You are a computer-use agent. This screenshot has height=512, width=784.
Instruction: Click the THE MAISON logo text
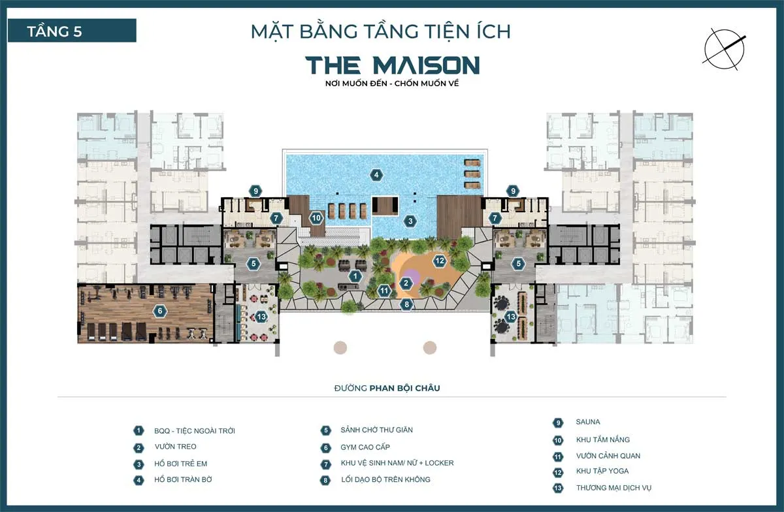coord(392,65)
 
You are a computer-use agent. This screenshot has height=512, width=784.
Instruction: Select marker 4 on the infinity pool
coord(375,174)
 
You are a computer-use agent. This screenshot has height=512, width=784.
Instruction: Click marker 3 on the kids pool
coord(410,221)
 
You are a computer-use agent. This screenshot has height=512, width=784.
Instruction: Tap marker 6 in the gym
coord(159,312)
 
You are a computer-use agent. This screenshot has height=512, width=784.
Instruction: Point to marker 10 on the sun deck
coord(316,218)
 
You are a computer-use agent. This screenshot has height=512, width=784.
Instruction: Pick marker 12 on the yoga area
coord(440,261)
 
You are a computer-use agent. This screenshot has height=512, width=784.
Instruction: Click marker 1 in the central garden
coord(355,276)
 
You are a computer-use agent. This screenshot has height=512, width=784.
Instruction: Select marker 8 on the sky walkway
coord(406,304)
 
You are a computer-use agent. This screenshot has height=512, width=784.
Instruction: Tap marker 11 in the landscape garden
coord(384,290)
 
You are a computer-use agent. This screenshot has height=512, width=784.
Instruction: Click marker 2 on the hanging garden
coord(406,283)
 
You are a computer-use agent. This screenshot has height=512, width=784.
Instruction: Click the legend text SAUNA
coord(588,422)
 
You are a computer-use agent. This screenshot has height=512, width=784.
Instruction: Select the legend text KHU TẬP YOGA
coord(602,471)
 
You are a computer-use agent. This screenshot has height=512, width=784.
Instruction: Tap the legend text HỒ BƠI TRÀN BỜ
coord(185,479)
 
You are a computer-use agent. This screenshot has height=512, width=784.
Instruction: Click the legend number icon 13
coord(558,488)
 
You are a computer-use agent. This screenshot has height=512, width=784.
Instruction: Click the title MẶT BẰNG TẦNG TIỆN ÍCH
coord(381,31)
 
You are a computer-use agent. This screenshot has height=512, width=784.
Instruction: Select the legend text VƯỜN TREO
coord(175,447)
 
